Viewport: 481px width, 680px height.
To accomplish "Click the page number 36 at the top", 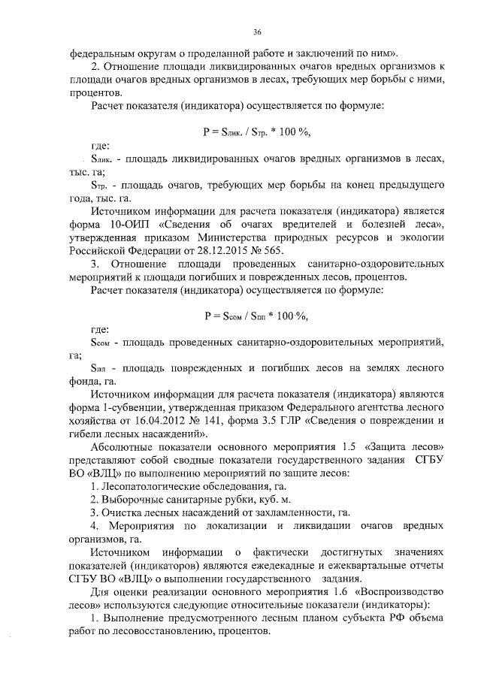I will pyautogui.click(x=256, y=32).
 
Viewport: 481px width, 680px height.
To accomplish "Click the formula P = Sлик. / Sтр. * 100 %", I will pyautogui.click(x=256, y=131).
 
